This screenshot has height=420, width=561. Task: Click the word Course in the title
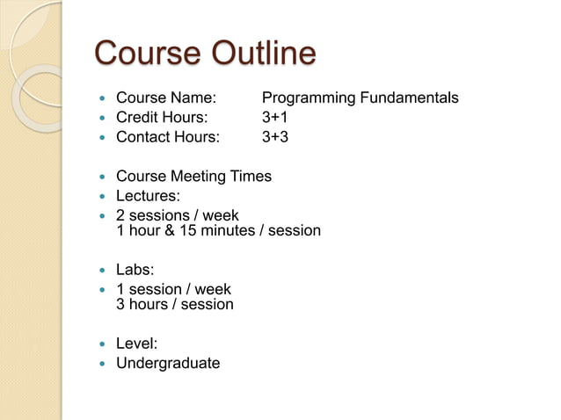(146, 54)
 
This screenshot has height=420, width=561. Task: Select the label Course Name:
(166, 98)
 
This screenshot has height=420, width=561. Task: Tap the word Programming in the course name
(307, 98)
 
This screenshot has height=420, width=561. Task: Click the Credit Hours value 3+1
(275, 118)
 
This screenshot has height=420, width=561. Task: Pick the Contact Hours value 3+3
(275, 137)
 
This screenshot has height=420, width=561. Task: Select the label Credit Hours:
(163, 118)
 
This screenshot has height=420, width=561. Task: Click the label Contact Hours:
(168, 137)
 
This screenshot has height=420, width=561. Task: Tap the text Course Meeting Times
(193, 177)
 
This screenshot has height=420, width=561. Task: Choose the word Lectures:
(148, 196)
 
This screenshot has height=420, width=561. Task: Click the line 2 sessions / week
(177, 215)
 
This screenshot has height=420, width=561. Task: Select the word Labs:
(135, 270)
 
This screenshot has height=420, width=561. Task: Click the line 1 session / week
(173, 289)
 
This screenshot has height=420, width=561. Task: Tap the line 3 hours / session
(175, 305)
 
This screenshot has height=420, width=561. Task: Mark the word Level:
(136, 344)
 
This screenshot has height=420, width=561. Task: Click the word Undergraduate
(168, 363)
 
